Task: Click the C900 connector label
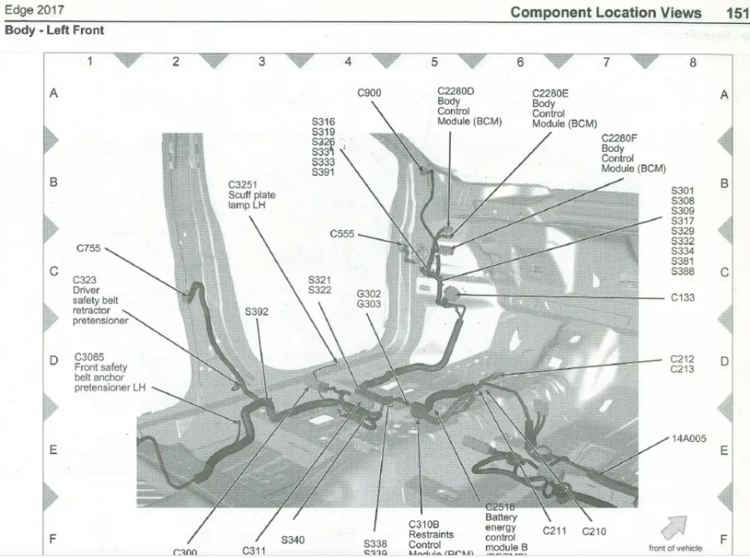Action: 369,93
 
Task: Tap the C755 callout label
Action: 89,248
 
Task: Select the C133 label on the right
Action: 682,297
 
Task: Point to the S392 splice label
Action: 256,311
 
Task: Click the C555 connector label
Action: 341,234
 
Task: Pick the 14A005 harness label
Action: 689,439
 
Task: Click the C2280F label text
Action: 619,139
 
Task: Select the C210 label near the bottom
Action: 593,532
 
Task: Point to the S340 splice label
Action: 292,539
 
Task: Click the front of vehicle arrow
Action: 675,525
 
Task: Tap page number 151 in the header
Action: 737,13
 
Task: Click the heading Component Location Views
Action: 606,13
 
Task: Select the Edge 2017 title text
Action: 34,10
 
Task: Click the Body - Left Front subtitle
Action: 54,31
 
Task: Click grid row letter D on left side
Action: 53,361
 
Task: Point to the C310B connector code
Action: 424,524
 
